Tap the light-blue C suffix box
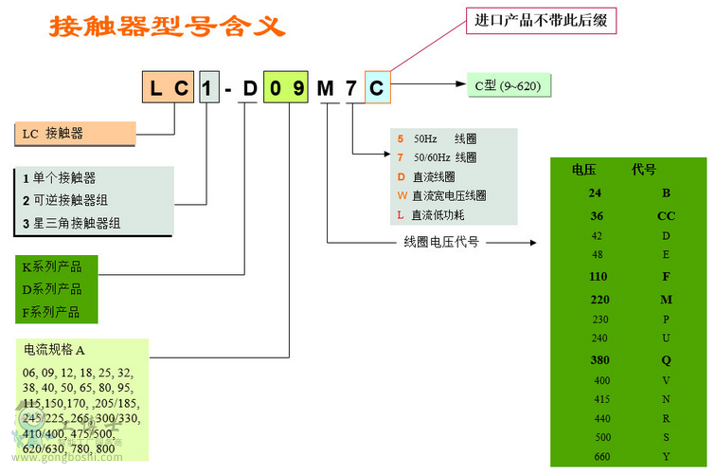pyautogui.click(x=376, y=89)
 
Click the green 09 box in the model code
pyautogui.click(x=285, y=89)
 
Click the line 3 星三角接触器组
pyautogui.click(x=70, y=224)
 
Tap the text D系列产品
pyautogui.click(x=53, y=289)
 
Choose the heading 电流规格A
pyautogui.click(x=54, y=350)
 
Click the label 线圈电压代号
pyautogui.click(x=440, y=242)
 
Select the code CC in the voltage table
pyautogui.click(x=666, y=215)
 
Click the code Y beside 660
pyautogui.click(x=666, y=456)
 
